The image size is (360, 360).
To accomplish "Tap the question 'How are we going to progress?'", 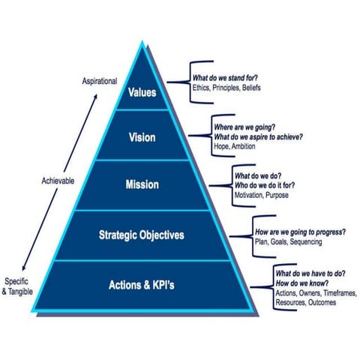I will point(300,232).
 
